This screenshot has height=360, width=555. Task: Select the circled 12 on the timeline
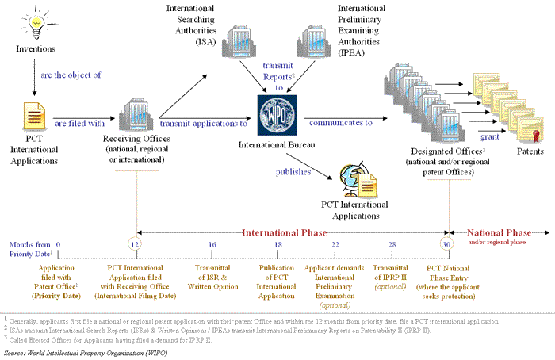click(x=135, y=246)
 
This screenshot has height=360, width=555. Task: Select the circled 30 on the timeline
click(x=446, y=246)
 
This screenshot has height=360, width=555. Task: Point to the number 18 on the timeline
click(x=277, y=246)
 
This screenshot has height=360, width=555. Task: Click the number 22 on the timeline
click(x=335, y=246)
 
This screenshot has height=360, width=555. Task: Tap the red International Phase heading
click(x=285, y=233)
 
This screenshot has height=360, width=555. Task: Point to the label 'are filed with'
click(x=79, y=123)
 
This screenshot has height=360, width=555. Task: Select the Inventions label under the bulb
click(x=36, y=49)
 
